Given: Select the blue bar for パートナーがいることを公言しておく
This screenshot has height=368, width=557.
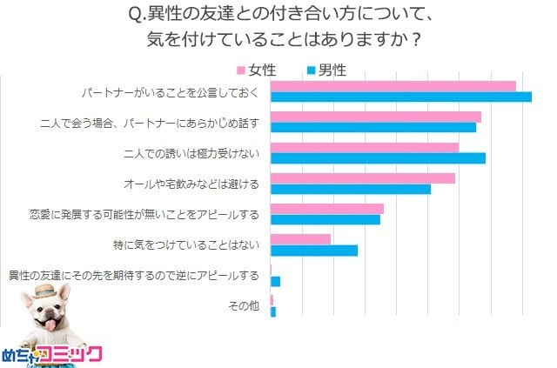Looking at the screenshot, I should pyautogui.click(x=401, y=97).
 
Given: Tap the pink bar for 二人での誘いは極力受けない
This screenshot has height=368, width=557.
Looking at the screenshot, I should pyautogui.click(x=365, y=147).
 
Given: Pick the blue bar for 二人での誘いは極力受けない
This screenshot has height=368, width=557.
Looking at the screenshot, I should pyautogui.click(x=379, y=158).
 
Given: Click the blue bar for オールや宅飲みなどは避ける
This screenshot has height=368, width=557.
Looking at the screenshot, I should pyautogui.click(x=351, y=189).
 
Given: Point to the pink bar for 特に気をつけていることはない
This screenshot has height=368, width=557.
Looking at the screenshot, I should pyautogui.click(x=301, y=239).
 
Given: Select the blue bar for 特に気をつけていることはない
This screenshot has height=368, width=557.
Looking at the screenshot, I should pyautogui.click(x=314, y=251).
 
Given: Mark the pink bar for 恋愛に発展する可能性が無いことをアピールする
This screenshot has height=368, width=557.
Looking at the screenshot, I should pyautogui.click(x=327, y=209).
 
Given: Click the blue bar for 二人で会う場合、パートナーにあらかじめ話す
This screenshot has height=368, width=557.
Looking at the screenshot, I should pyautogui.click(x=373, y=127).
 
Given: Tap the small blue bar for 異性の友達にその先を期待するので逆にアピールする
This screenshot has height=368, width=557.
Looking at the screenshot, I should pyautogui.click(x=276, y=282).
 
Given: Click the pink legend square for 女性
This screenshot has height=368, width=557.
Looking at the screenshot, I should pyautogui.click(x=241, y=68).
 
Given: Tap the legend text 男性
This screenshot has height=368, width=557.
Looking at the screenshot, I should pyautogui.click(x=333, y=68).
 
